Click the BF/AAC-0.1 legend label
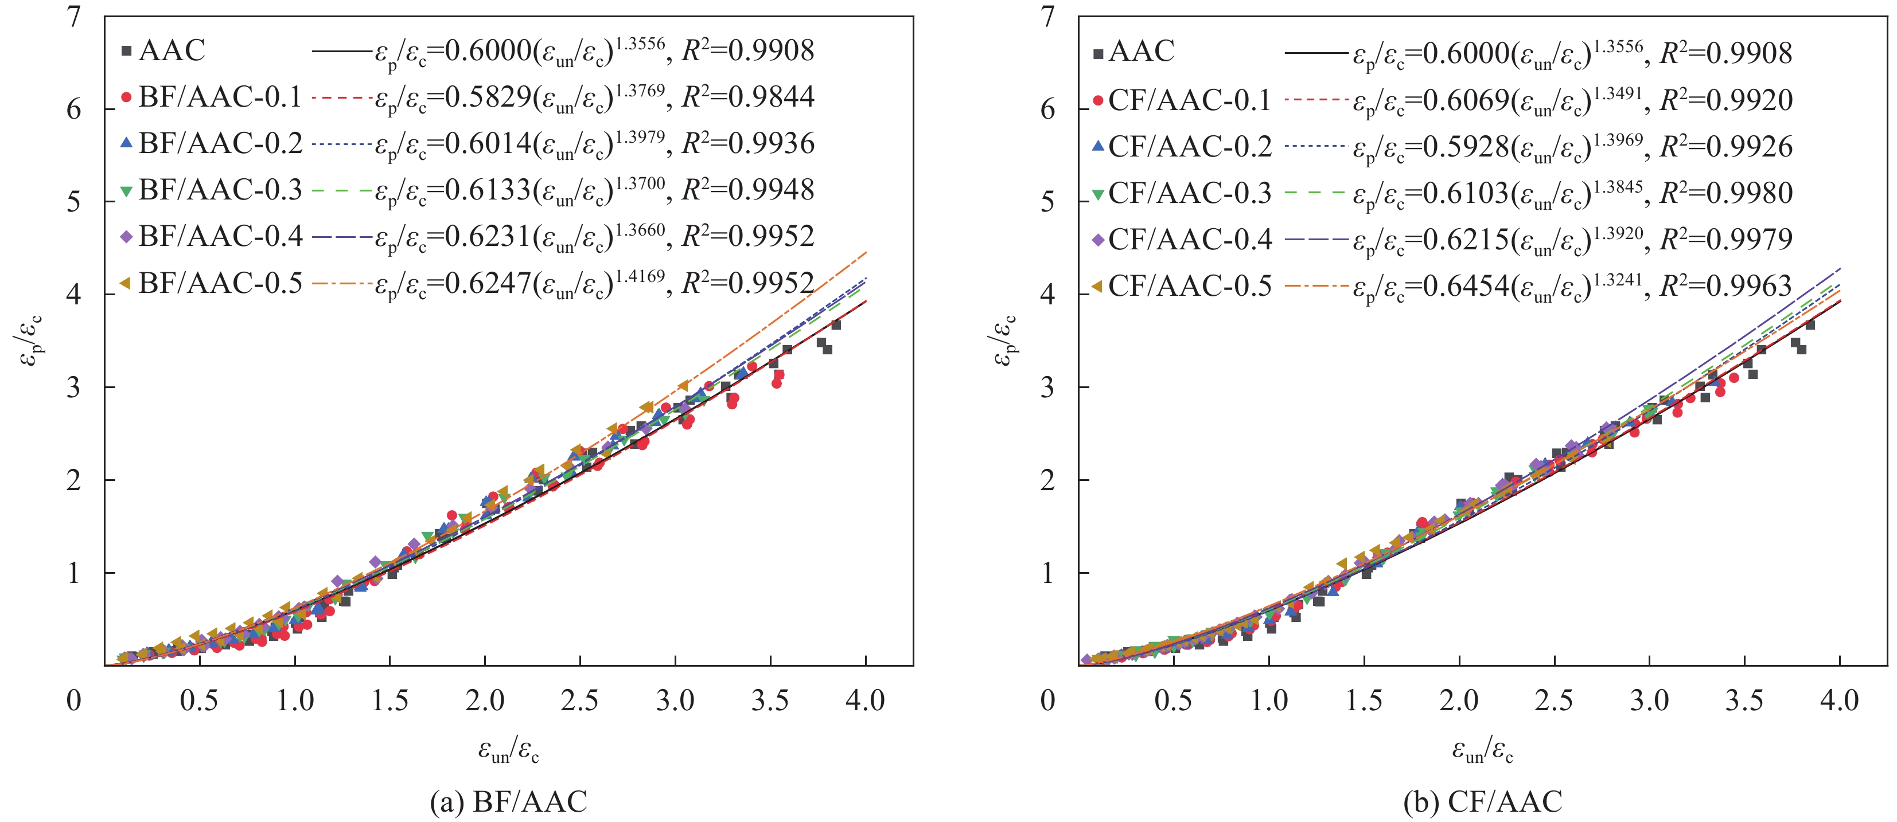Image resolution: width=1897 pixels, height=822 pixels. click(x=220, y=96)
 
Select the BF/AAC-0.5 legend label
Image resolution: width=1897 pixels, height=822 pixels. click(x=220, y=283)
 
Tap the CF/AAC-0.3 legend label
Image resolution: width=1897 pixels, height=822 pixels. click(x=1189, y=193)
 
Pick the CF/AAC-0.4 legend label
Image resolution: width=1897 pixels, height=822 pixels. click(x=1189, y=239)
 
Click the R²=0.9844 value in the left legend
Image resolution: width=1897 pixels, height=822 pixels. click(x=747, y=96)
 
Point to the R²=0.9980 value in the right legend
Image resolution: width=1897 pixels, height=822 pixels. click(x=1725, y=193)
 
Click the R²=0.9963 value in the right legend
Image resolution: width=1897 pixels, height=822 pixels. click(x=1725, y=285)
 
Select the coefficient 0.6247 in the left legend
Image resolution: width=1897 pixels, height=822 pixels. click(x=488, y=283)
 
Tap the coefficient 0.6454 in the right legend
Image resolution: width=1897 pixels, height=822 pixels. click(x=1466, y=285)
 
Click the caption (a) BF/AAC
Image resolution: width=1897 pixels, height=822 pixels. click(x=509, y=801)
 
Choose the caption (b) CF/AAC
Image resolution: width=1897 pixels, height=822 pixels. click(x=1482, y=801)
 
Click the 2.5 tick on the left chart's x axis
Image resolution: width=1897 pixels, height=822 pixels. click(x=579, y=700)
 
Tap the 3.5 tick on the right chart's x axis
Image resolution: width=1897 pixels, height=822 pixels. click(x=1744, y=700)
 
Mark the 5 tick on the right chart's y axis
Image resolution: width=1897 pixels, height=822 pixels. click(x=1047, y=202)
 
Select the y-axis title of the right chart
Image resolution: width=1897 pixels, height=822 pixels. click(x=1005, y=340)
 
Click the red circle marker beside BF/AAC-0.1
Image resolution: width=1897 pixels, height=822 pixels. click(x=126, y=96)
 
